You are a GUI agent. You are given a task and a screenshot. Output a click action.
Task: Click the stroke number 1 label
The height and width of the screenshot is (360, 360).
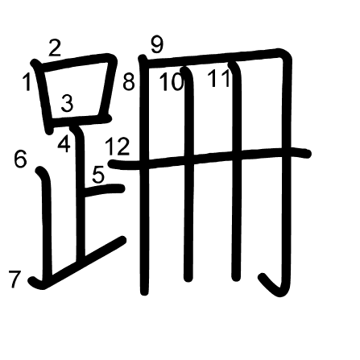(x=27, y=82)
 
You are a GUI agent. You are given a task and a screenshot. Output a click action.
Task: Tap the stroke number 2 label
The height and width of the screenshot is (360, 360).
(x=55, y=48)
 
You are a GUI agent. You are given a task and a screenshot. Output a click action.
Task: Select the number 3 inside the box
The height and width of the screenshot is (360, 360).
(x=67, y=103)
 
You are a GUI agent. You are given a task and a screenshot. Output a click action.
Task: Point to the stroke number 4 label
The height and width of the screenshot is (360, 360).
(x=64, y=143)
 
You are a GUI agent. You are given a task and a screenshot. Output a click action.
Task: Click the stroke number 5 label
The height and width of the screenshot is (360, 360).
(x=98, y=175)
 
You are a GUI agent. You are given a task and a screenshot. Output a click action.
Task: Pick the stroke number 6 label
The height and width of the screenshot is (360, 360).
(x=21, y=159)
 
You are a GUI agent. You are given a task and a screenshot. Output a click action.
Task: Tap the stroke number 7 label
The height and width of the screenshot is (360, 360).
(x=14, y=279)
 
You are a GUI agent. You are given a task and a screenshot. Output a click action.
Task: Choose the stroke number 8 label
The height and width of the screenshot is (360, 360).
(x=129, y=82)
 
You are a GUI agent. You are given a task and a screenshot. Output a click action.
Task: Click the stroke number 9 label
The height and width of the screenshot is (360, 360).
(x=157, y=45)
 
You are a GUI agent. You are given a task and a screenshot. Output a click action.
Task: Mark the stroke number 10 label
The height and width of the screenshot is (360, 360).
(x=172, y=82)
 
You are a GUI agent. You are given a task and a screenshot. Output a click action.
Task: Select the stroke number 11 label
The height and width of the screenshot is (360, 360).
(x=219, y=78)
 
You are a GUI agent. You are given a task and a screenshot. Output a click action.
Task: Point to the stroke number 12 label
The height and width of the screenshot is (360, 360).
(x=118, y=147)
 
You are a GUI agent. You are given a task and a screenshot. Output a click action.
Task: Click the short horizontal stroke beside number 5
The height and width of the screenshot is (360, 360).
(x=104, y=190)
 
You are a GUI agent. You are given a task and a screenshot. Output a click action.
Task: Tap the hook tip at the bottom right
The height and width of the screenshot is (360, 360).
(x=263, y=277)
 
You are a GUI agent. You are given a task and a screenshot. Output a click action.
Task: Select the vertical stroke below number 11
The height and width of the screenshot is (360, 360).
(x=236, y=172)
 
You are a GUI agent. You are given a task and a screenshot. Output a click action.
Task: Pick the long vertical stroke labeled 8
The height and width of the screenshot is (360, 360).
(x=144, y=176)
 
